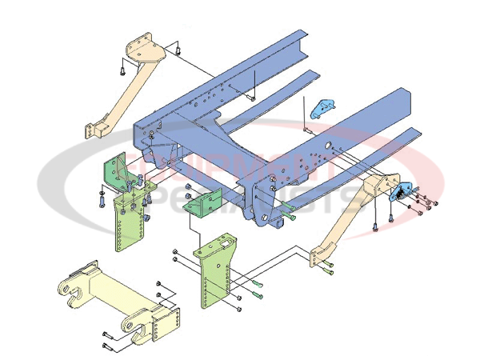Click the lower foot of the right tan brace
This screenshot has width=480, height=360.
pos(320,258)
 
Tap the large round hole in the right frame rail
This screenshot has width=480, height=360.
pos(328,146)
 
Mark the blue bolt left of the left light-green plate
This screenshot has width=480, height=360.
pos(100,201)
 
